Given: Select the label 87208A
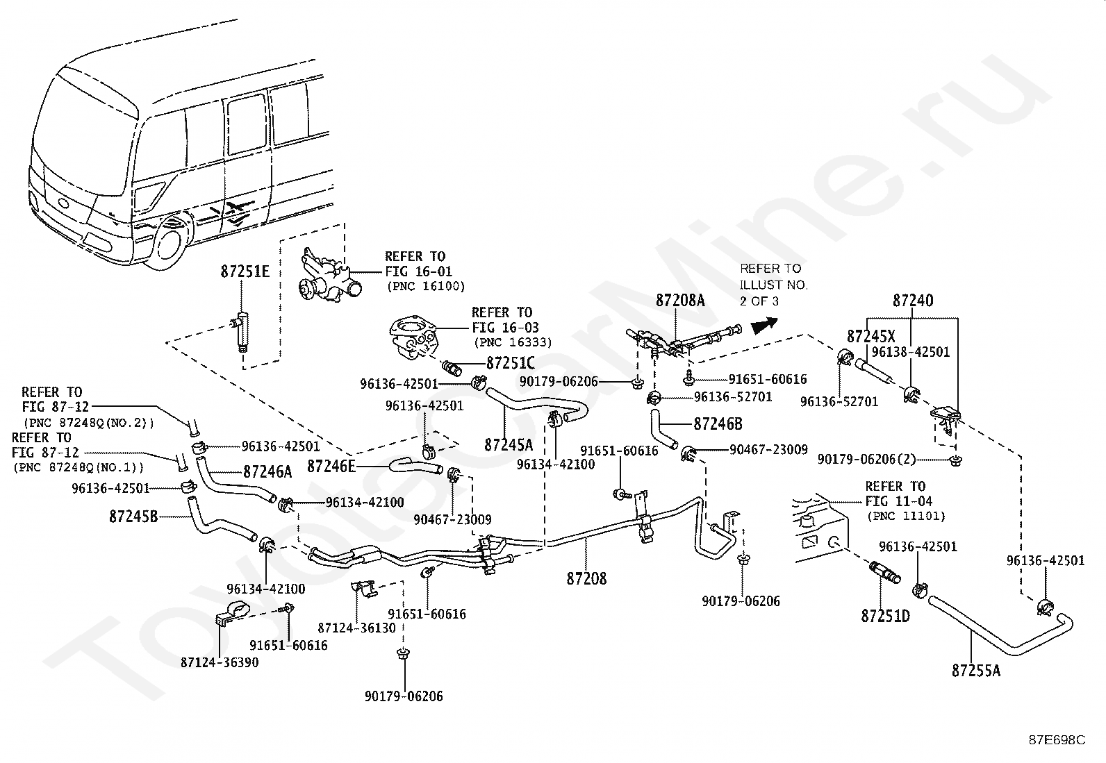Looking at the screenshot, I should pyautogui.click(x=680, y=300).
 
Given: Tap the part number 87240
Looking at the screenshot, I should pyautogui.click(x=913, y=301).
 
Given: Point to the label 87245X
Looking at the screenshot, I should pyautogui.click(x=871, y=336).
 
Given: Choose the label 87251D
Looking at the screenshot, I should pyautogui.click(x=885, y=615).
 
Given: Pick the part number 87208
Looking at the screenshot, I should pyautogui.click(x=586, y=578).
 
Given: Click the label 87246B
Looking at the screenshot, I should pyautogui.click(x=718, y=424).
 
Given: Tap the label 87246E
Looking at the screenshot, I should pyautogui.click(x=331, y=467).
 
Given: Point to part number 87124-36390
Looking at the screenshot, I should pyautogui.click(x=220, y=662).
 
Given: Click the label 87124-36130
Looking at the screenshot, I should pyautogui.click(x=356, y=628).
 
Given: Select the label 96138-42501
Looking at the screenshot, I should pyautogui.click(x=911, y=352).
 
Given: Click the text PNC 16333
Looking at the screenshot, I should pyautogui.click(x=513, y=342).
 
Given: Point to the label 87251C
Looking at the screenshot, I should pyautogui.click(x=510, y=362).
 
